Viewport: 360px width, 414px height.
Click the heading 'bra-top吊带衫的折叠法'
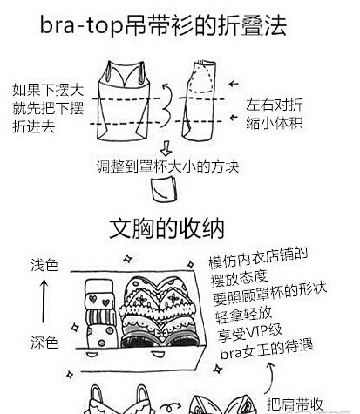[x=163, y=25]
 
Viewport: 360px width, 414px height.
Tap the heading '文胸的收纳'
[x=166, y=228]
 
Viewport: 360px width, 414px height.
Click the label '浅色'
[x=44, y=265]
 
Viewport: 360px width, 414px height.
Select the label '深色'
[x=44, y=343]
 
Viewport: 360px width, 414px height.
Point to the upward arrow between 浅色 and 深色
[x=44, y=301]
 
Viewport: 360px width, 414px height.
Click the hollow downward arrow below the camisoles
[x=166, y=148]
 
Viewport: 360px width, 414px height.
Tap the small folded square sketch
[x=164, y=190]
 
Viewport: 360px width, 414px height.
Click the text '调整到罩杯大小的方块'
[x=167, y=166]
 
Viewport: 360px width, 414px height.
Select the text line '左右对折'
[x=275, y=105]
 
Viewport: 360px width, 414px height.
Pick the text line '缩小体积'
[x=275, y=123]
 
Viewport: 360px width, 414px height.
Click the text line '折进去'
[x=34, y=126]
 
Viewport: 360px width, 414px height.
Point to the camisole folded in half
[x=199, y=100]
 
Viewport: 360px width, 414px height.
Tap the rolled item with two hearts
[x=98, y=301]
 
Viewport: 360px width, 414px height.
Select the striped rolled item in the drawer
[x=100, y=317]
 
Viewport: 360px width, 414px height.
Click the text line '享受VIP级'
[x=250, y=332]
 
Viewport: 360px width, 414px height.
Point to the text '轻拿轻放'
[x=243, y=315]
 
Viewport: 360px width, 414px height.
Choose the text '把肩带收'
[x=295, y=404]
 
